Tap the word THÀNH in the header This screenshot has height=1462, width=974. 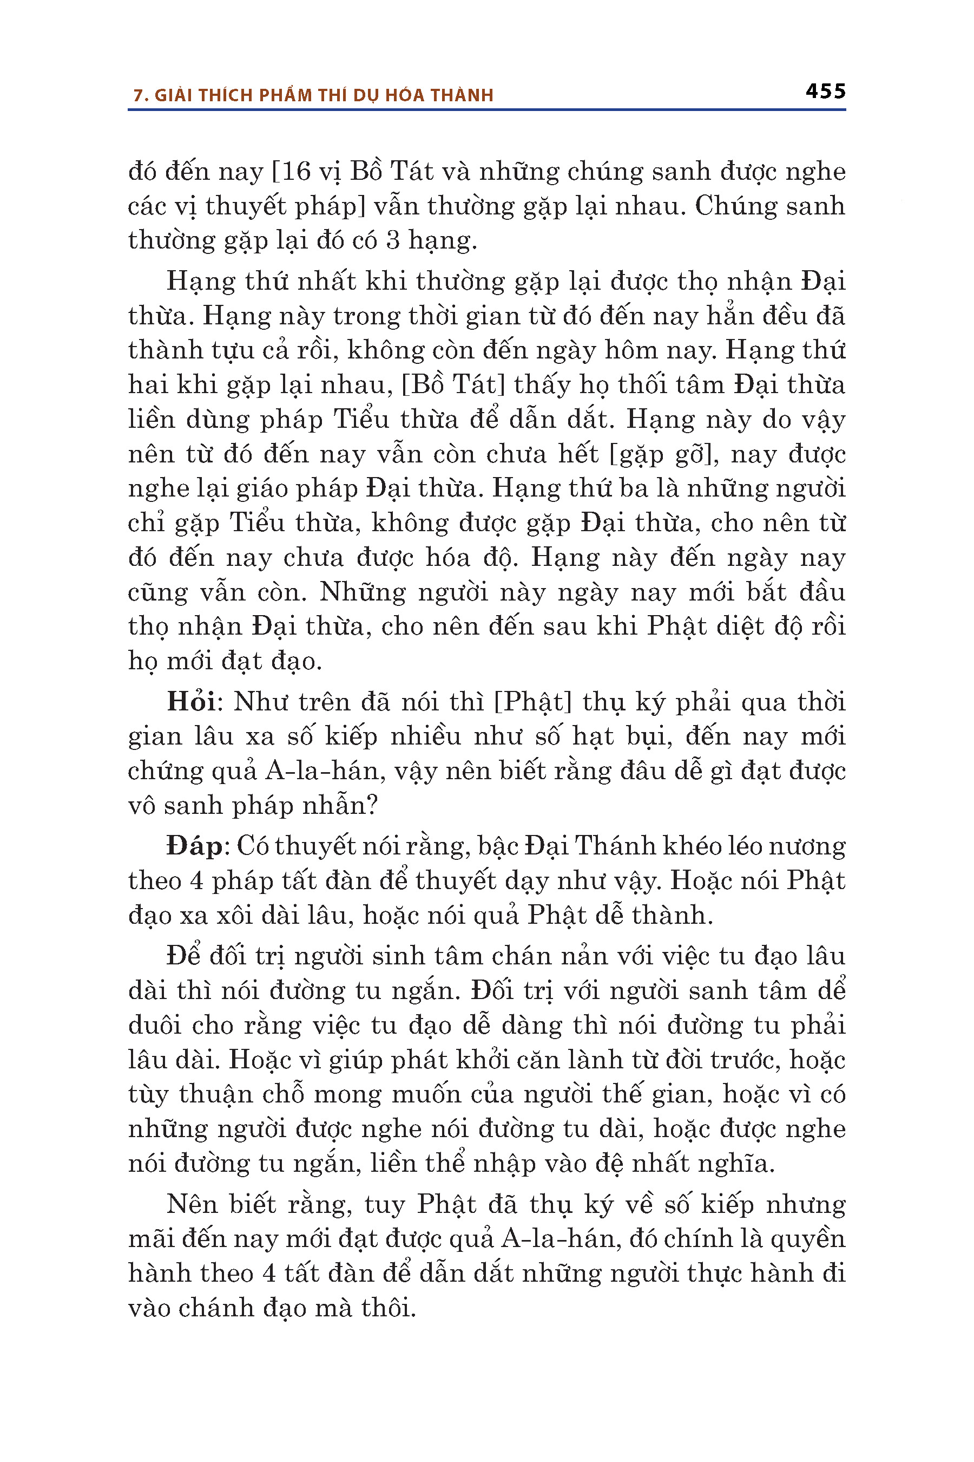pos(462,95)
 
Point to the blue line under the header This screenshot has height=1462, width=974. pos(486,110)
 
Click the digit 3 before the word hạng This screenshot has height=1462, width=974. pos(392,240)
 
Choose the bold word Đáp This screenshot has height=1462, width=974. pos(193,846)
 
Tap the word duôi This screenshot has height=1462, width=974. pos(155,1025)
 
